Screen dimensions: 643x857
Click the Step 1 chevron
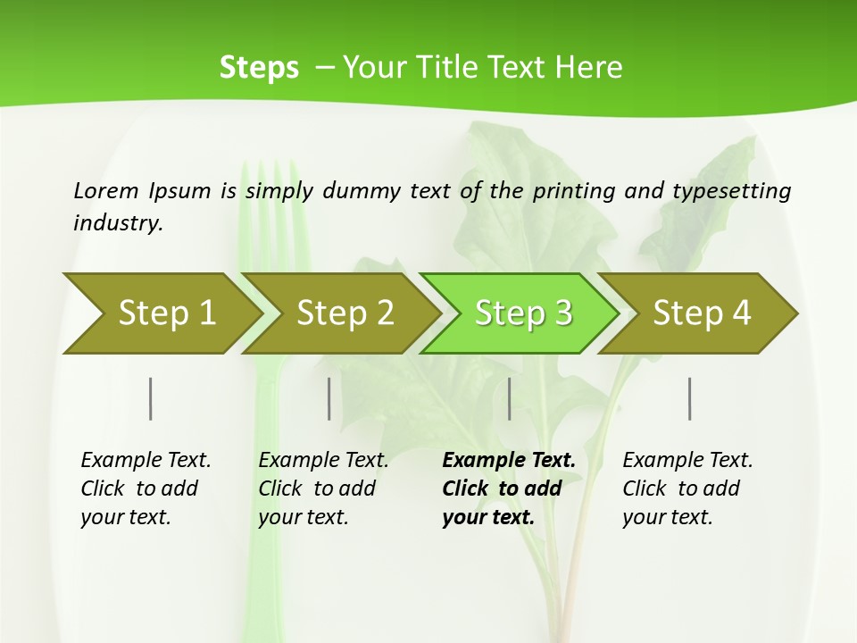pos(161,313)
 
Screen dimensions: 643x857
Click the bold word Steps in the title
pos(259,68)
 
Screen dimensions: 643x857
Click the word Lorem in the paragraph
pos(106,190)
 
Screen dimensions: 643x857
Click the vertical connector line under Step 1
pos(151,398)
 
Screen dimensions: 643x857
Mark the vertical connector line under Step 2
pos(329,398)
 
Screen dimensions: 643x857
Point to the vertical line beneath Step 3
pos(509,398)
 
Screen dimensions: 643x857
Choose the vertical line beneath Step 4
pos(690,398)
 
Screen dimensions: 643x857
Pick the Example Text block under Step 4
pos(687,489)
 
